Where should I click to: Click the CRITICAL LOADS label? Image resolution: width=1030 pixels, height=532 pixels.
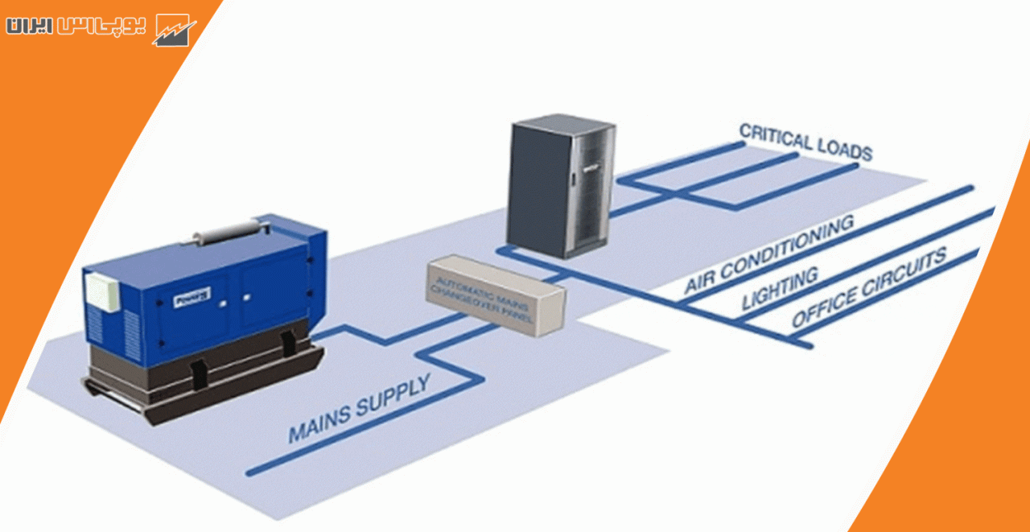(x=805, y=142)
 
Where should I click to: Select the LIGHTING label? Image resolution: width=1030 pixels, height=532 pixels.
(x=779, y=289)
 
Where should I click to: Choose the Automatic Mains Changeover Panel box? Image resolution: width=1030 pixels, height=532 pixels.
(x=496, y=295)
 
